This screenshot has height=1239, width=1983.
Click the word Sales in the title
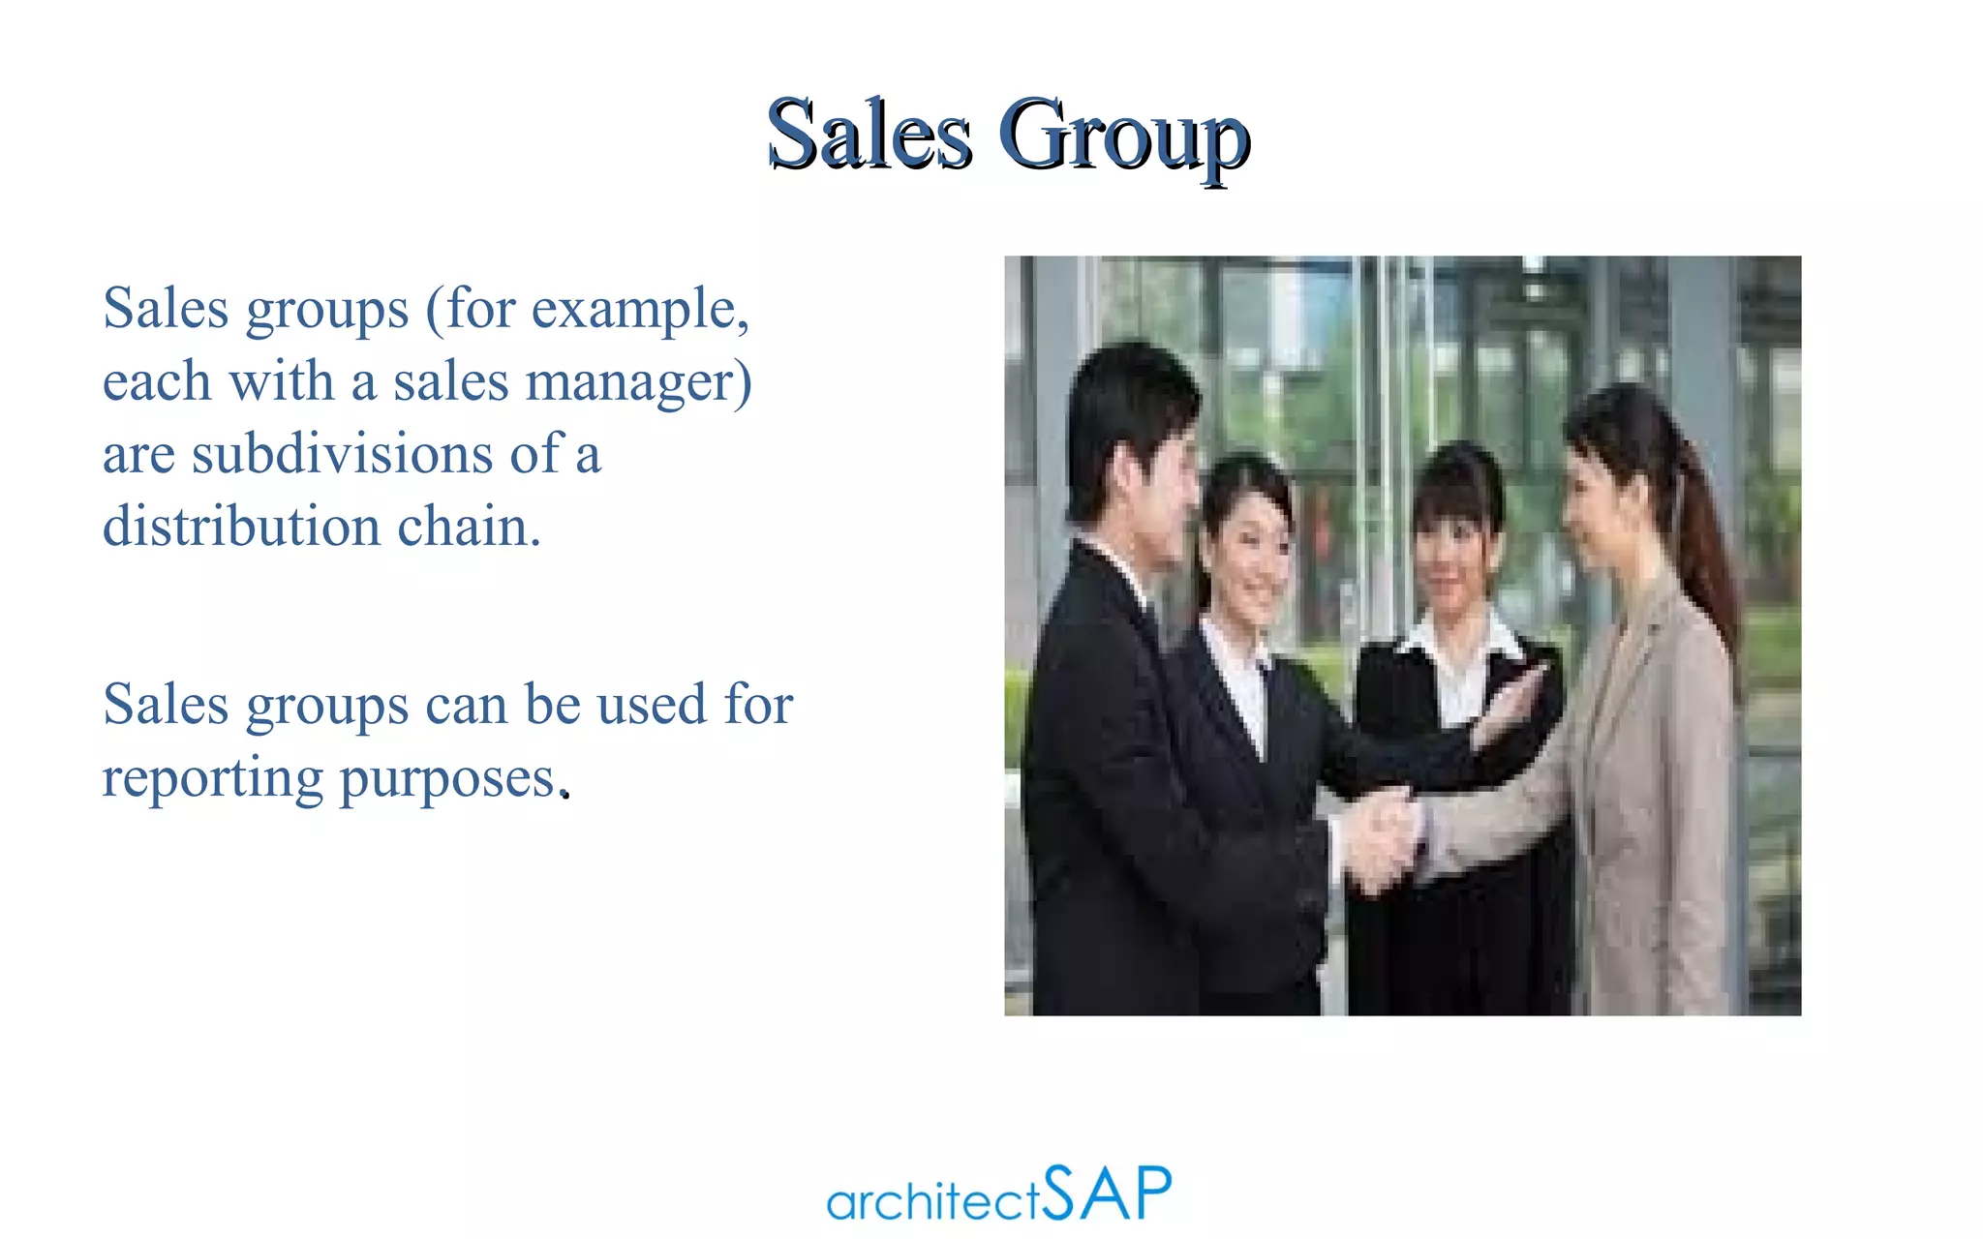click(869, 136)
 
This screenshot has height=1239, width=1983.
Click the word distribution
click(241, 527)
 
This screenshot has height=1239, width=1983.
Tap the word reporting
click(212, 780)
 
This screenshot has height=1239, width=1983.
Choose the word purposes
click(447, 780)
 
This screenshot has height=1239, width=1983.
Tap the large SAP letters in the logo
click(1108, 1193)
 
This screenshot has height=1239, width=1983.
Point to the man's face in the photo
click(1162, 484)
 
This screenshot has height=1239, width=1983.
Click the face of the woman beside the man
click(1249, 552)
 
